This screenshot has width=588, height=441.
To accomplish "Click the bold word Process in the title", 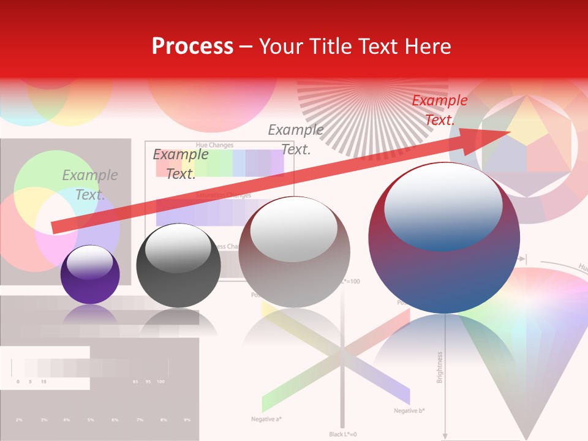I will [x=192, y=47].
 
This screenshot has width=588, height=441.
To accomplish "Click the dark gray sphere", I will [x=178, y=266].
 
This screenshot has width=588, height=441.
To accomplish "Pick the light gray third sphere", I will [x=294, y=252].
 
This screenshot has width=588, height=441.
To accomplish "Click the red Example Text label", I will [x=439, y=110].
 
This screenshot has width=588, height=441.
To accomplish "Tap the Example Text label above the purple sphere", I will [x=89, y=185].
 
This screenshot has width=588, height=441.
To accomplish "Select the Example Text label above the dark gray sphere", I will [x=180, y=164].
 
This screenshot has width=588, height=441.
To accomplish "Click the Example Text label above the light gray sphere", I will [x=296, y=140].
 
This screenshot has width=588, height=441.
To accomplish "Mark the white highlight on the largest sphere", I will [x=443, y=204].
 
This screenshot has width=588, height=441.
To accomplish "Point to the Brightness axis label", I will [x=439, y=367].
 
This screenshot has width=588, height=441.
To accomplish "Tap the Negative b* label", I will [x=410, y=410].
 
